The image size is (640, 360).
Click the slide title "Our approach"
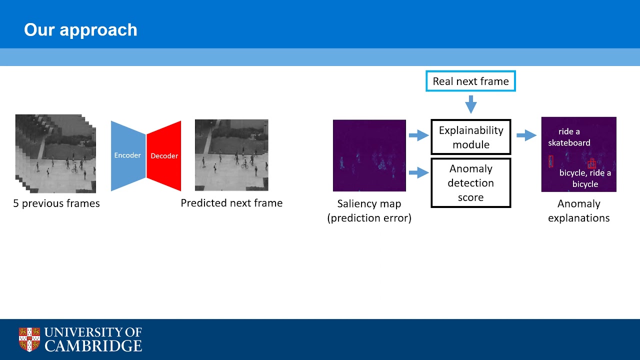tap(80, 30)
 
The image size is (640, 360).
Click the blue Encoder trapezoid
tap(128, 155)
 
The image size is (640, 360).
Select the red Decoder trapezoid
tap(164, 156)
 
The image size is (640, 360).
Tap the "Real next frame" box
tap(470, 81)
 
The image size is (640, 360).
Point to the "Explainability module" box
tap(470, 137)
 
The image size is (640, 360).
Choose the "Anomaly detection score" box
tap(470, 183)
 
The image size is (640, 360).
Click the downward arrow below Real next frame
tap(470, 104)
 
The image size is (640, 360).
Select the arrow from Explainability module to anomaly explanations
tap(526, 135)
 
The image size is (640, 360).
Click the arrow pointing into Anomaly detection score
tap(418, 173)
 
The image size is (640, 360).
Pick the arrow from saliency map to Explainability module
tap(418, 135)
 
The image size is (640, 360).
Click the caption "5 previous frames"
tap(56, 203)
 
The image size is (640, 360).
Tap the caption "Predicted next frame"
tap(231, 203)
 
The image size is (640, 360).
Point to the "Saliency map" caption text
tap(369, 204)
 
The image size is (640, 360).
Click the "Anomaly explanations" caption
tap(578, 210)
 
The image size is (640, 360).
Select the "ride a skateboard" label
tap(569, 137)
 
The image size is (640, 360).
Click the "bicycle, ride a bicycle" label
tap(585, 178)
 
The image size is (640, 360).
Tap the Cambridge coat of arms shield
tap(29, 339)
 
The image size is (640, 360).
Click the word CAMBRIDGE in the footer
tap(93, 345)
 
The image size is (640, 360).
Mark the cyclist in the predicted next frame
tap(244, 163)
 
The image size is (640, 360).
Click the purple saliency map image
tap(369, 155)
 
